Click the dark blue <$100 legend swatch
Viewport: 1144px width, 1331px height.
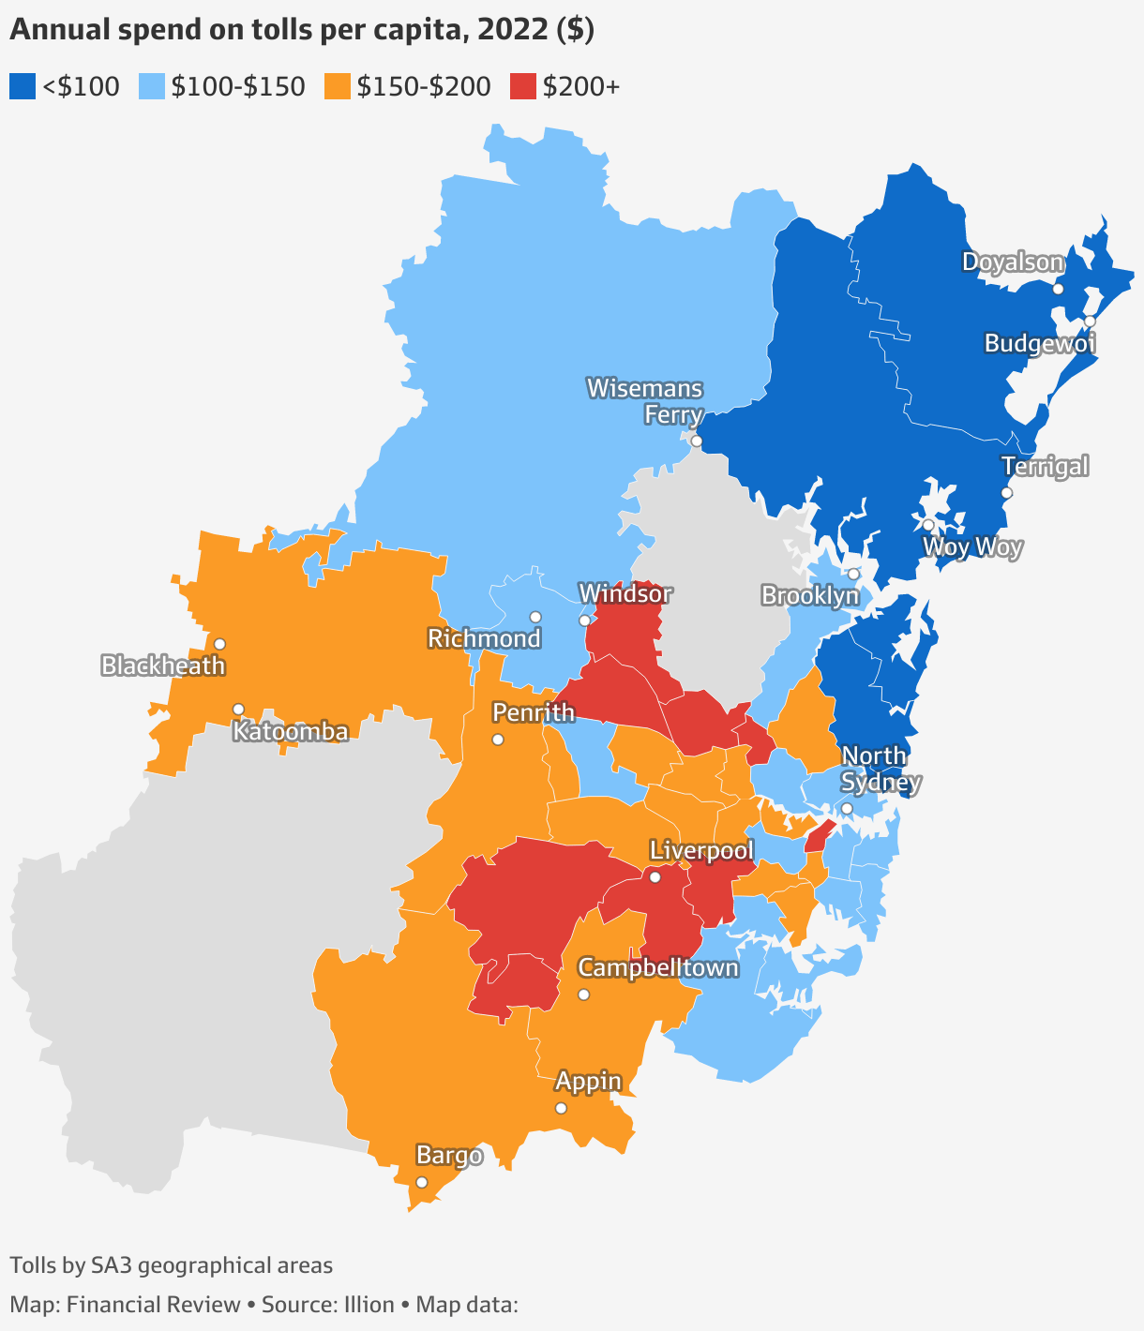coord(23,87)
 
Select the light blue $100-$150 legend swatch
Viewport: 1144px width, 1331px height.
coord(152,87)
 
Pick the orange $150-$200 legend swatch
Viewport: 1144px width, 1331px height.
coord(338,87)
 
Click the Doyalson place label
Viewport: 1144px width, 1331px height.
coord(1013,262)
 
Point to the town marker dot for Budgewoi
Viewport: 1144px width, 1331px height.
coord(1090,322)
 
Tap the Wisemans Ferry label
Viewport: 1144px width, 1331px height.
coord(645,401)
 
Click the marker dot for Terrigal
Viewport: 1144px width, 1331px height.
coord(1007,492)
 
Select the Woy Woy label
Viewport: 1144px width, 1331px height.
coord(972,547)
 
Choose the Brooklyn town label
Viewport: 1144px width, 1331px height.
coord(810,595)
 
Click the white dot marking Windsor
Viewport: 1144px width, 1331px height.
coord(584,621)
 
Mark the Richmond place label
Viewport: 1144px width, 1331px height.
coord(484,638)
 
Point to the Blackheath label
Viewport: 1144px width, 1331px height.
coord(163,666)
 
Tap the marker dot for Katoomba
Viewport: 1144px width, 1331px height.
coord(238,709)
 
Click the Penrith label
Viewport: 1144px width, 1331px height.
coord(534,712)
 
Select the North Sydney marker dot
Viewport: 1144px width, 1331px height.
coord(846,808)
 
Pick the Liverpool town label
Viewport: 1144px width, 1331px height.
coord(701,851)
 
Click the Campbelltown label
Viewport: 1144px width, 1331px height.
coord(658,967)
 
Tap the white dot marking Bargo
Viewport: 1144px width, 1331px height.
coord(421,1182)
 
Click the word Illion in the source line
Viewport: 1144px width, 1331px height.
coord(361,1305)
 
